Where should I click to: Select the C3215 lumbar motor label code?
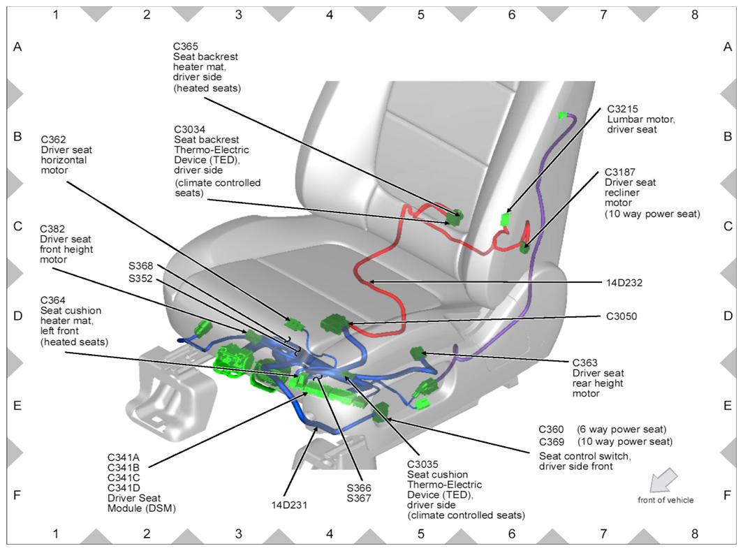(x=622, y=109)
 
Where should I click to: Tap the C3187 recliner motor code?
(x=622, y=172)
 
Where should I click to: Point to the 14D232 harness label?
(x=624, y=283)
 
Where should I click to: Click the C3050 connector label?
(x=621, y=316)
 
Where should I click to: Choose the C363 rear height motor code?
(x=584, y=362)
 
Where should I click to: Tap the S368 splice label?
(x=140, y=266)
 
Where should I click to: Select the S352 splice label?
(x=140, y=279)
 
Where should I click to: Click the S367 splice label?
(x=360, y=499)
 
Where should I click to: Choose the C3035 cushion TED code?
(x=422, y=464)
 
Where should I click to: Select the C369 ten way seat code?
(x=552, y=442)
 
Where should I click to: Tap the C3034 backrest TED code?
(x=189, y=130)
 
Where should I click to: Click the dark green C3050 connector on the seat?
(x=334, y=323)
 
